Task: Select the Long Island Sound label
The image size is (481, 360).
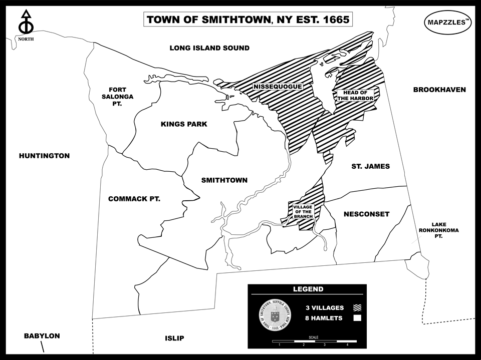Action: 209,48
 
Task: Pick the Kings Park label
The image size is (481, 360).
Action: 184,124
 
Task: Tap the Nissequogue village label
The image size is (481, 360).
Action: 278,87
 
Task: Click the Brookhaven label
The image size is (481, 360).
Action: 439,90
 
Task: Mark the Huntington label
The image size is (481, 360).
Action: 44,156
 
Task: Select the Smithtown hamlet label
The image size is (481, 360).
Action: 224,180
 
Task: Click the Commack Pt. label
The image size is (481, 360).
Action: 134,199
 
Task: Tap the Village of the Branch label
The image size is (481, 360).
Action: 303,212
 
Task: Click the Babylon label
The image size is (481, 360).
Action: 42,336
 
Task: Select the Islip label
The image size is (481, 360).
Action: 174,338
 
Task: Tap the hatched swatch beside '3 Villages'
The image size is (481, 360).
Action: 357,308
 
